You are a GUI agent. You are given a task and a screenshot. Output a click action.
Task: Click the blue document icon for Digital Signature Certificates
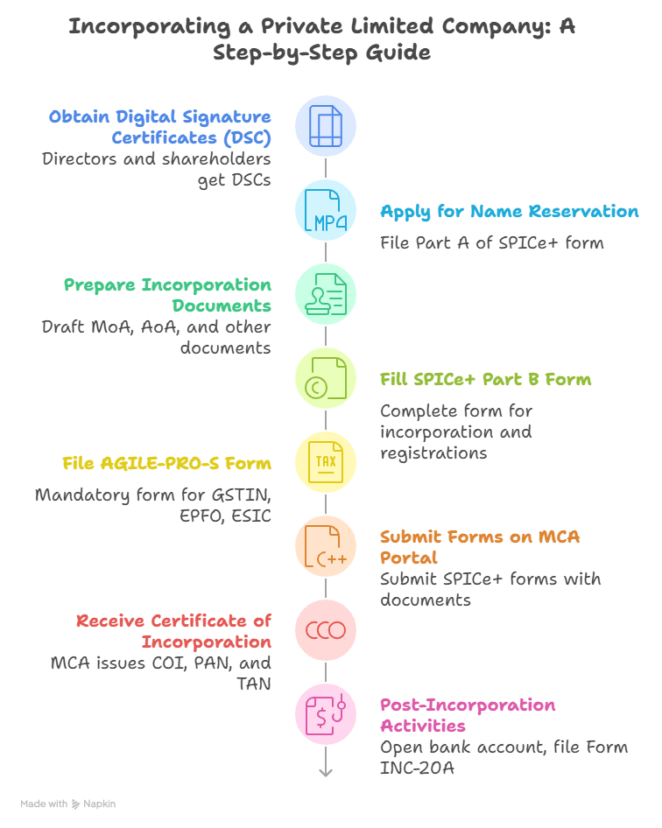[x=325, y=126]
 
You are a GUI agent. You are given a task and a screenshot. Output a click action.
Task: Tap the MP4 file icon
[x=325, y=210]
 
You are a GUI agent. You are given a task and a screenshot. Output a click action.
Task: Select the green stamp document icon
[x=325, y=294]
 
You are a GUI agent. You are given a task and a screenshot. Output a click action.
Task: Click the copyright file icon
[x=325, y=378]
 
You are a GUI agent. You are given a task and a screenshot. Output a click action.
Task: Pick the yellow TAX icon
[x=325, y=462]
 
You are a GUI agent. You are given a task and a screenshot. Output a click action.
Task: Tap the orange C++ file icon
[x=325, y=546]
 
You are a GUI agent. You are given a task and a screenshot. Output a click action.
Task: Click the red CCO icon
[x=325, y=630]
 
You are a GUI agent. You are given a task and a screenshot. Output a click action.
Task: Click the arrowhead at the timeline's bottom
[x=326, y=771]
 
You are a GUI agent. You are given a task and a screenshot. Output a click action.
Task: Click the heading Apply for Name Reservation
[x=509, y=212]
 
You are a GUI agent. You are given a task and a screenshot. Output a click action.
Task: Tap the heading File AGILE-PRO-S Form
[x=166, y=464]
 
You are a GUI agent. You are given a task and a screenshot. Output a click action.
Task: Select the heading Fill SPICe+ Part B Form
[x=485, y=380]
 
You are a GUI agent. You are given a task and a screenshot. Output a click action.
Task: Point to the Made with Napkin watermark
[x=68, y=803]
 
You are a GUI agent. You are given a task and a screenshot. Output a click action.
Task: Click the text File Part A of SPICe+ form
[x=491, y=242]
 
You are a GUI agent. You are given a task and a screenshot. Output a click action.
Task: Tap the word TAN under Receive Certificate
[x=253, y=683]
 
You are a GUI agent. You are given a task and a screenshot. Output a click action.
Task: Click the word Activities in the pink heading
[x=422, y=726]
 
